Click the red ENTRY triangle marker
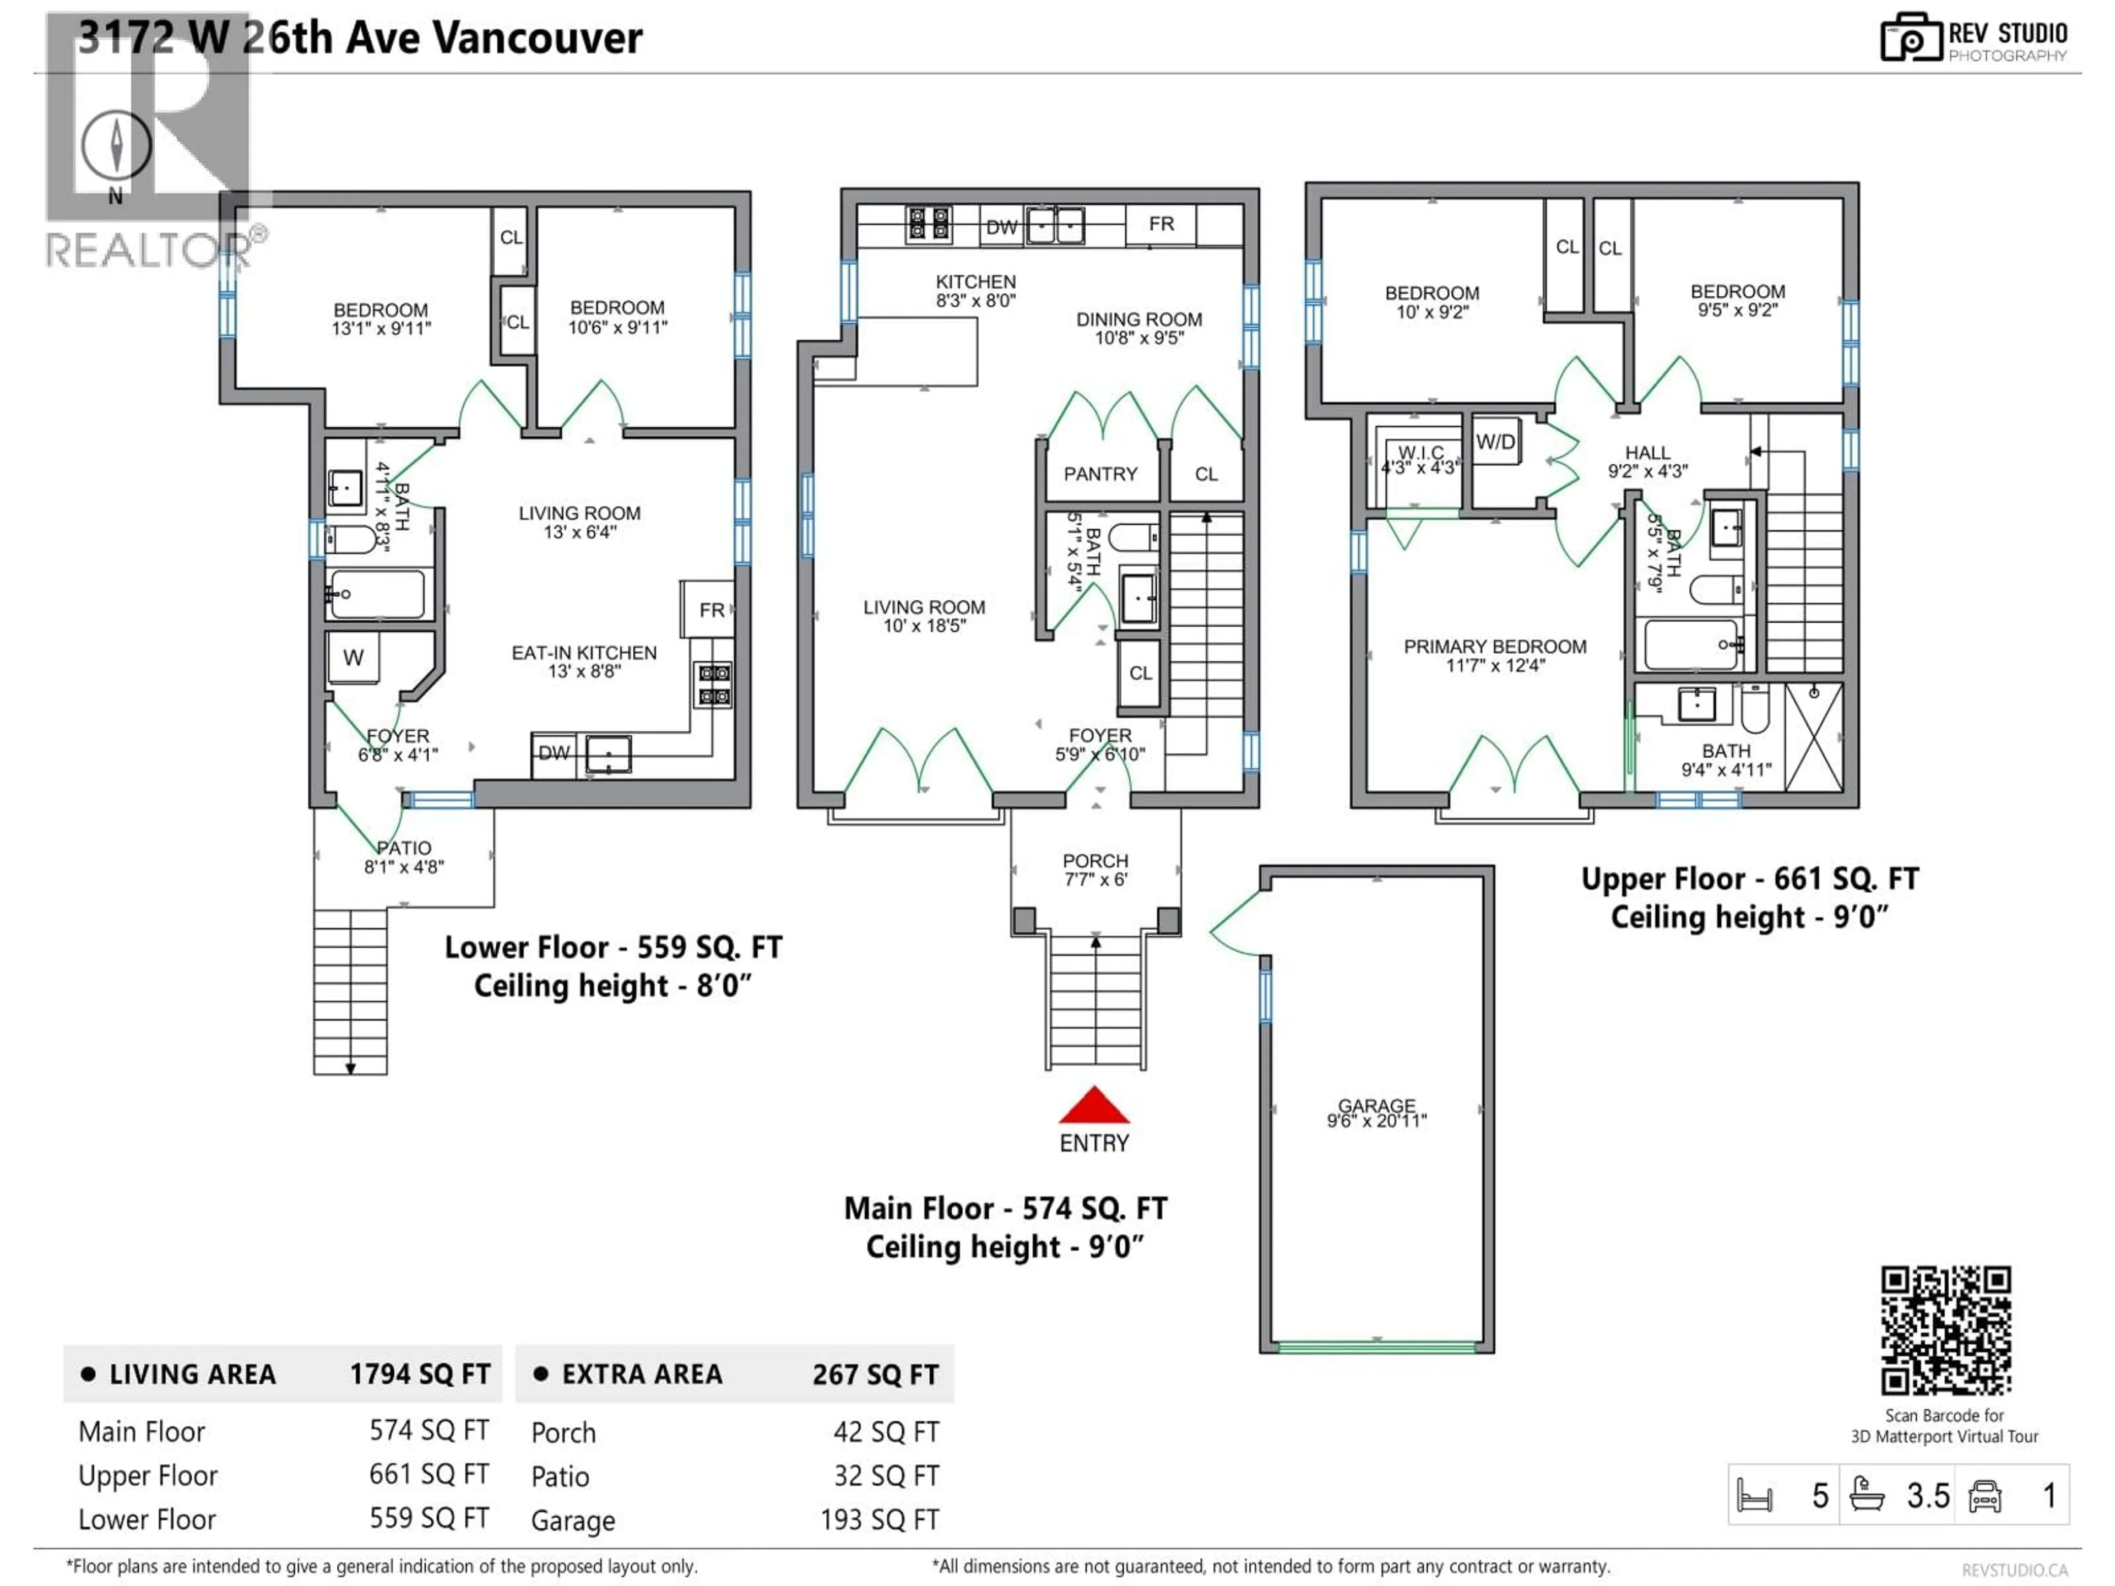tap(1094, 1107)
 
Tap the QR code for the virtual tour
tap(1945, 1330)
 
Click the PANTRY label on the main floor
tap(1100, 474)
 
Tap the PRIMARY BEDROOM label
tap(1494, 647)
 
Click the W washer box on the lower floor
tap(353, 658)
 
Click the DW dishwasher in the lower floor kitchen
tap(554, 753)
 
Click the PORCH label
tap(1095, 861)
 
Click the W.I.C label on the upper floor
tap(1421, 452)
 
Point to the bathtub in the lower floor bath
tap(377, 595)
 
